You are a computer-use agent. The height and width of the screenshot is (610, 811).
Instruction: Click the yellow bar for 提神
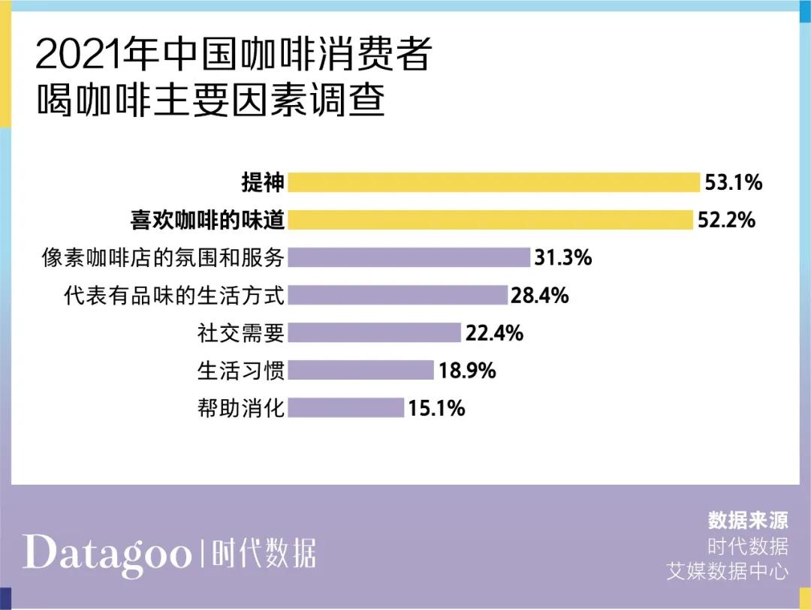pyautogui.click(x=494, y=182)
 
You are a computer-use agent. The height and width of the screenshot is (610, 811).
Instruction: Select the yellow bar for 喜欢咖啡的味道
pyautogui.click(x=490, y=220)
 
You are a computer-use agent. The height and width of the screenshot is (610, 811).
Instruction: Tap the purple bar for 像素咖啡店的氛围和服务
pyautogui.click(x=409, y=257)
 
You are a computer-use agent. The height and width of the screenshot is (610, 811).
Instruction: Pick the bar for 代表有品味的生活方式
pyautogui.click(x=398, y=295)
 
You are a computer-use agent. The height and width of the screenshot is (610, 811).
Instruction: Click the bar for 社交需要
pyautogui.click(x=374, y=332)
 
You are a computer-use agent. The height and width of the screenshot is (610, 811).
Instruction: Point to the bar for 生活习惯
pyautogui.click(x=361, y=370)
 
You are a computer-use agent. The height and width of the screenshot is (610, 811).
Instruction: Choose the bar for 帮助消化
pyautogui.click(x=346, y=407)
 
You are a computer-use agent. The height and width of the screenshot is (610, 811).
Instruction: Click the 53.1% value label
pyautogui.click(x=734, y=182)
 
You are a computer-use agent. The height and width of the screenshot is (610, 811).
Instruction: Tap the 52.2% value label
pyautogui.click(x=726, y=221)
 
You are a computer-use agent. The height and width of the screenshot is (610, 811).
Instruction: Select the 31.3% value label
pyautogui.click(x=563, y=258)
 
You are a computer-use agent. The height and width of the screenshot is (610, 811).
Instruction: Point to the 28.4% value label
pyautogui.click(x=540, y=296)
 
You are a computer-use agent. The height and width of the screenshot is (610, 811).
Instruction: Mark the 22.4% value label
pyautogui.click(x=494, y=333)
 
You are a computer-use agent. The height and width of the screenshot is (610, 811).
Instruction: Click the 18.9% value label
pyautogui.click(x=467, y=371)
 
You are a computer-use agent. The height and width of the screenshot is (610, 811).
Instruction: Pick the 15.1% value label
pyautogui.click(x=437, y=408)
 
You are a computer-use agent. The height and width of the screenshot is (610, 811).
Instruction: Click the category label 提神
pyautogui.click(x=262, y=182)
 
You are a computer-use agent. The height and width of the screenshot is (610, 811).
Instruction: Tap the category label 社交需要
pyautogui.click(x=241, y=332)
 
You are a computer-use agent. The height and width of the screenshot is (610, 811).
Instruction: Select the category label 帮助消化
pyautogui.click(x=241, y=408)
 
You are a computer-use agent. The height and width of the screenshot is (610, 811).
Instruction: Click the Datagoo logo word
pyautogui.click(x=107, y=553)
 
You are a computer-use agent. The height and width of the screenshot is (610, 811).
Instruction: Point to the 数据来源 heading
pyautogui.click(x=748, y=520)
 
